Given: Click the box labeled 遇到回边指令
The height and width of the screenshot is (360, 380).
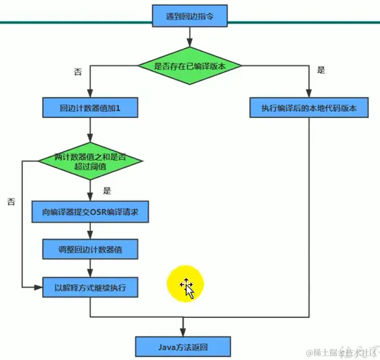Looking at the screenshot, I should [184, 16].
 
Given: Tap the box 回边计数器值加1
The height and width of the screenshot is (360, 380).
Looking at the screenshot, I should [90, 108].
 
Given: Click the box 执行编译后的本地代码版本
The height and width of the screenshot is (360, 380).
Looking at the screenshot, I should [309, 108].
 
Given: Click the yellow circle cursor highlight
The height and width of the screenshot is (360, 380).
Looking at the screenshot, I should [185, 285].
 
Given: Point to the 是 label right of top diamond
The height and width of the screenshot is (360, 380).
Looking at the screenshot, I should [320, 70].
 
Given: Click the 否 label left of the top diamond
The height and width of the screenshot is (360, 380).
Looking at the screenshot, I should [78, 71].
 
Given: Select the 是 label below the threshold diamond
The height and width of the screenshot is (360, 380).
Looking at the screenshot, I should [107, 191].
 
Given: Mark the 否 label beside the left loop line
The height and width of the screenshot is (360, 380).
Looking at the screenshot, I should [11, 201].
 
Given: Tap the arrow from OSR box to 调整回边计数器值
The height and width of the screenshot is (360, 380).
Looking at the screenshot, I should [91, 231].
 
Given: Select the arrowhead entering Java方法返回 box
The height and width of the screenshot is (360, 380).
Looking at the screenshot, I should [183, 332].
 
